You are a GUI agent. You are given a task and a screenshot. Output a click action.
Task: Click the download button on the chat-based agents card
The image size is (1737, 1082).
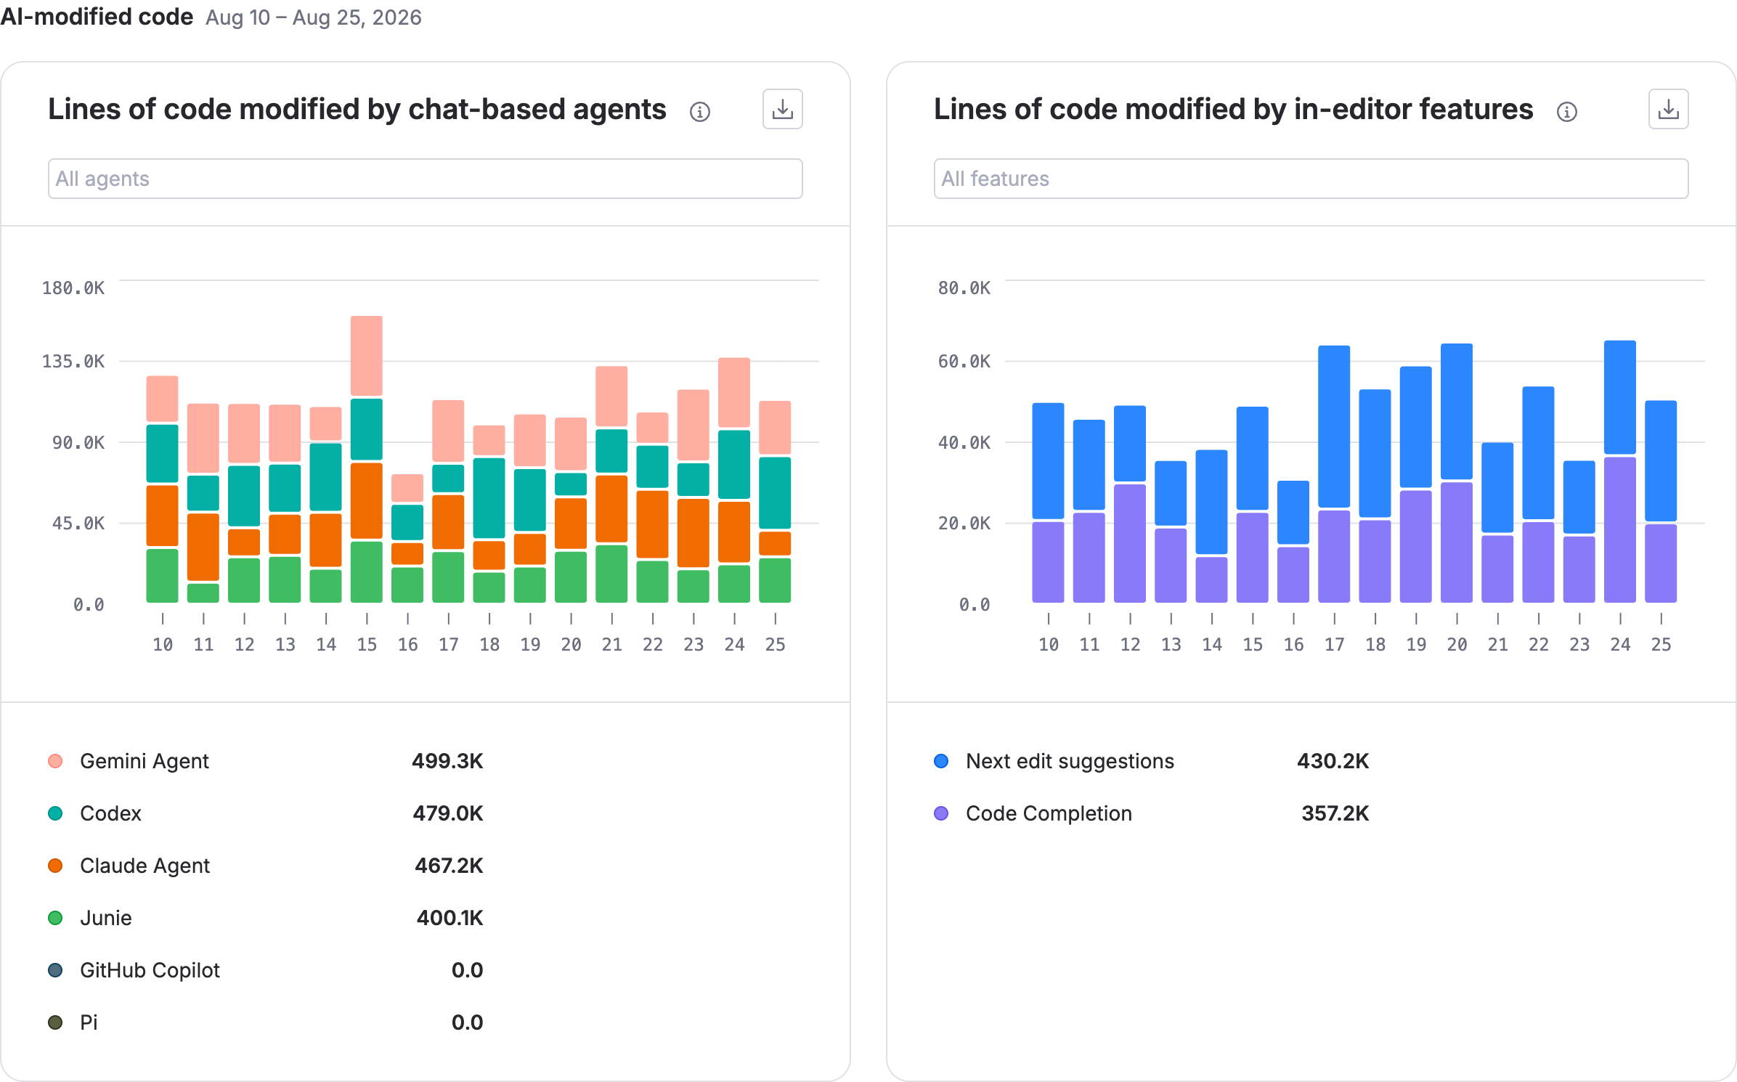(782, 109)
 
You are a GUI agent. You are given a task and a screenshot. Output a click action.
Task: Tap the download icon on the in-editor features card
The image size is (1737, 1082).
(1668, 109)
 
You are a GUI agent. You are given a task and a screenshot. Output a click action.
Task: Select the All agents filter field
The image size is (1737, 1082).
(425, 179)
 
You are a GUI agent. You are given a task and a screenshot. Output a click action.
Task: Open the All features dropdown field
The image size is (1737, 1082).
(1311, 179)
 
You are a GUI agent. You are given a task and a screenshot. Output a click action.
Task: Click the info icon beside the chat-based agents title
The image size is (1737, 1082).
(699, 112)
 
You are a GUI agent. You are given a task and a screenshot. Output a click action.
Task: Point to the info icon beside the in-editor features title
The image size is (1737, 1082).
(1566, 112)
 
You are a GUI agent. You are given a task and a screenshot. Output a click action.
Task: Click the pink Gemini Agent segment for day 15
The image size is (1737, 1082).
(367, 356)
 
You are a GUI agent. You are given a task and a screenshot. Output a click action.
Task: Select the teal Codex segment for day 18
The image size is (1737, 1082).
(489, 497)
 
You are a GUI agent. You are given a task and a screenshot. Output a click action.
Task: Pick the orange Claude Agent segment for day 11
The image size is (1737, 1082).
(203, 547)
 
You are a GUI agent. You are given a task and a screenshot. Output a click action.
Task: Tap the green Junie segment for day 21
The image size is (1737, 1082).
(611, 574)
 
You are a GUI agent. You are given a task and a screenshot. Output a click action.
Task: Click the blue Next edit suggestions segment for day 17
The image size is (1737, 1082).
(1334, 426)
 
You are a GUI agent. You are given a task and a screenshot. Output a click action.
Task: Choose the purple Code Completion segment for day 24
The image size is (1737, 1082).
(1620, 530)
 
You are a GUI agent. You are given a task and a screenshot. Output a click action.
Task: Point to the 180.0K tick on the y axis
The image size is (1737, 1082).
(73, 288)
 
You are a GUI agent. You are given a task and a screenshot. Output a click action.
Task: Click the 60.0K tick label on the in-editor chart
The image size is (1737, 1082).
(964, 362)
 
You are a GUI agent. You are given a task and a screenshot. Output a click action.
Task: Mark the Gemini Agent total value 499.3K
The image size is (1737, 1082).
(447, 761)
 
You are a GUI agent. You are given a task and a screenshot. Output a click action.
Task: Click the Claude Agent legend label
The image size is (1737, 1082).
(145, 866)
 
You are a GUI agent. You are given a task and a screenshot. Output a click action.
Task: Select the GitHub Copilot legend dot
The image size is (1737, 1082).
(55, 970)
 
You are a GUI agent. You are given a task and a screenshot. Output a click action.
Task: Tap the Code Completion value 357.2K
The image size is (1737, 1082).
(1335, 813)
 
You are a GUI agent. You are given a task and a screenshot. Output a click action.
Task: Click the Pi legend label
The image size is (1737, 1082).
(89, 1022)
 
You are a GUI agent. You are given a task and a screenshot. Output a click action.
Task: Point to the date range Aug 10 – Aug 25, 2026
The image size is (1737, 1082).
(314, 17)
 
